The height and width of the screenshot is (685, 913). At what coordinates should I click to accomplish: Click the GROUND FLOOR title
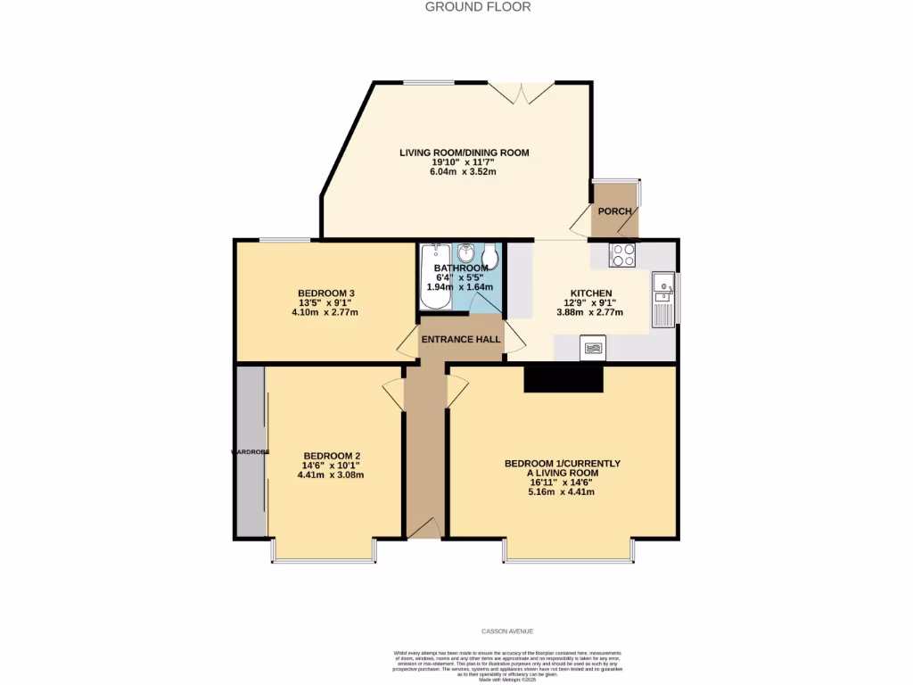477,7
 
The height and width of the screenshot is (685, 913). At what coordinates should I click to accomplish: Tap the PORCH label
614,211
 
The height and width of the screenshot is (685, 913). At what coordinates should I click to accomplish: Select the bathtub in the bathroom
429,276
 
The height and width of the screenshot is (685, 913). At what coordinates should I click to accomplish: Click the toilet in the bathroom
489,255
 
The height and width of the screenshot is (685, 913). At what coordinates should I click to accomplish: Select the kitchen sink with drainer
663,300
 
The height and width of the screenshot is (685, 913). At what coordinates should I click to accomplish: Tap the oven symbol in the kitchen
592,348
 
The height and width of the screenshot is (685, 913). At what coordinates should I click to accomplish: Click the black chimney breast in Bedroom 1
563,379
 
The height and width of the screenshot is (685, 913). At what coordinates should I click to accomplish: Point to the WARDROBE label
251,452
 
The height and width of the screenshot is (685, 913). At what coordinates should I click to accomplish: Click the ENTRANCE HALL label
460,340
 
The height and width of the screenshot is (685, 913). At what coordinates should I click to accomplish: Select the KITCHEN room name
591,293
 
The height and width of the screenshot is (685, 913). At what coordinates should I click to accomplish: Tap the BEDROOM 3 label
326,293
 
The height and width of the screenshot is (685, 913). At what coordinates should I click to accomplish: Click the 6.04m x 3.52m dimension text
463,171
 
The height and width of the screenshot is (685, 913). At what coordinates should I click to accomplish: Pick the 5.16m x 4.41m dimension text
562,491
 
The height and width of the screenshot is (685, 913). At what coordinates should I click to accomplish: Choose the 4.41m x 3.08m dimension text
331,475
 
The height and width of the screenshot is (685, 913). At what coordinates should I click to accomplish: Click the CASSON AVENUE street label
506,631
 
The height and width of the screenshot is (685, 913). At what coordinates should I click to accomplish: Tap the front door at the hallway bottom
425,531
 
